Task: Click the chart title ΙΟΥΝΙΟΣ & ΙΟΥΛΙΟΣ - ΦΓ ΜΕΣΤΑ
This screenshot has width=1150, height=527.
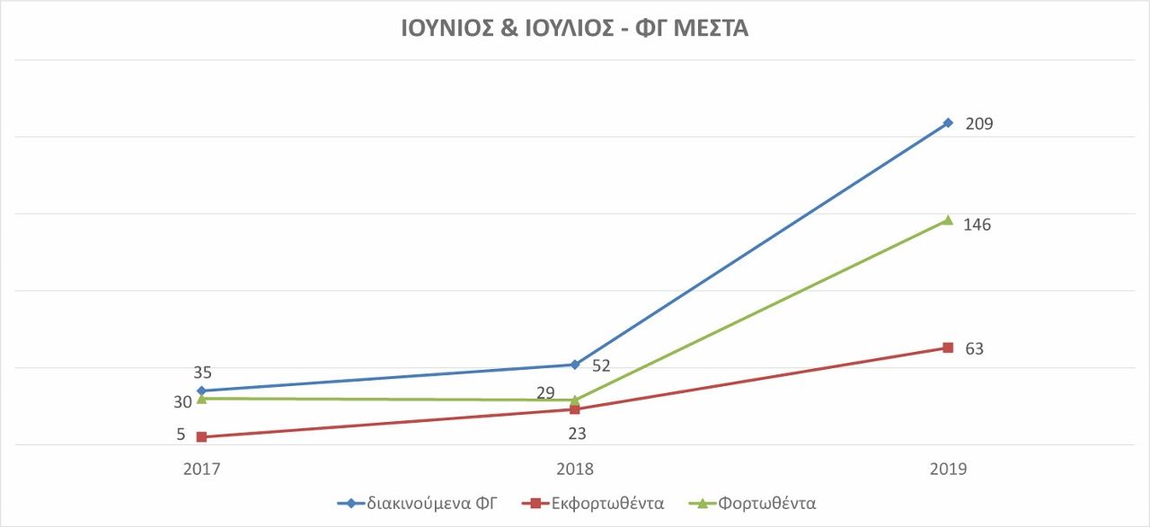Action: click(x=574, y=29)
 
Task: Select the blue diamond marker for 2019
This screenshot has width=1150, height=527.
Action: click(x=948, y=123)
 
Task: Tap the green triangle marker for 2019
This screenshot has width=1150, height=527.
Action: click(x=948, y=220)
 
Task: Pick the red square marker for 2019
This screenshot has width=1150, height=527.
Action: click(x=948, y=347)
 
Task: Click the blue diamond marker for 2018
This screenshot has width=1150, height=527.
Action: click(x=575, y=365)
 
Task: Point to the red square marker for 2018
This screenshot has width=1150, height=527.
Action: click(x=575, y=409)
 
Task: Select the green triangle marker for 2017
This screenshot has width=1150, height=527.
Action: click(x=201, y=399)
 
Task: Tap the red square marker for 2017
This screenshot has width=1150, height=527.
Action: click(x=201, y=437)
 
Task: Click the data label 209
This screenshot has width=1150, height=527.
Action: click(x=978, y=124)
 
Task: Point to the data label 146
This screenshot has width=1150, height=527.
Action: click(x=977, y=224)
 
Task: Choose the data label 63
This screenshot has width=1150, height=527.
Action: click(x=974, y=348)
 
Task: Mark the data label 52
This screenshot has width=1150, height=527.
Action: click(x=601, y=365)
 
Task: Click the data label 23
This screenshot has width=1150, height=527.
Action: click(x=576, y=434)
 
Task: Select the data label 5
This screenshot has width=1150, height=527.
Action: click(x=181, y=435)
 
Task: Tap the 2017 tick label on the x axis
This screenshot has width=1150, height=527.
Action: click(x=201, y=470)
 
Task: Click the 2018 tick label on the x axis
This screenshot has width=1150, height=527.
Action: click(x=575, y=470)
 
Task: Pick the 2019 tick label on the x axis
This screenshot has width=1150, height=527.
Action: click(x=948, y=470)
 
